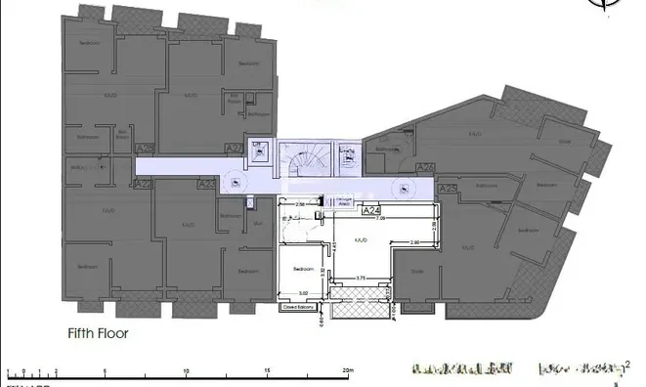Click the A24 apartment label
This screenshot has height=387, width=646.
click(x=370, y=210)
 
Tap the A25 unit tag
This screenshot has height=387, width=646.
click(x=449, y=188)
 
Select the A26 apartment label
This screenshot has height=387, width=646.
click(x=425, y=168)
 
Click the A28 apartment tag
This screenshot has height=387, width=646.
click(x=146, y=149)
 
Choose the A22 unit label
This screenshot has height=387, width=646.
click(x=143, y=184)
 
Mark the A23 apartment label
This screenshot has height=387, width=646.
click(x=206, y=184)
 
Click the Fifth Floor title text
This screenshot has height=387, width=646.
click(x=98, y=332)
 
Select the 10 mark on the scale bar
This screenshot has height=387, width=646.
click(x=187, y=371)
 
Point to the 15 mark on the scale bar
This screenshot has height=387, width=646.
click(x=268, y=371)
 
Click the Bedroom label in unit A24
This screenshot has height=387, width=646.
click(x=303, y=269)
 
